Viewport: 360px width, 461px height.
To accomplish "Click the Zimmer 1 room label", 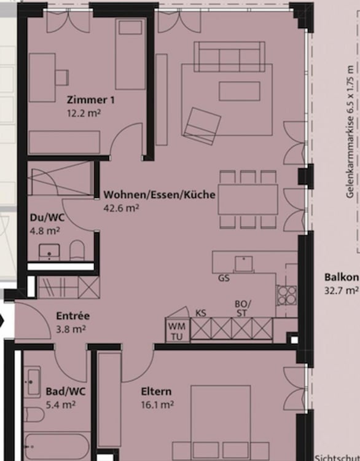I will pyautogui.click(x=90, y=100).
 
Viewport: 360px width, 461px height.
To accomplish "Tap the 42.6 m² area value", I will pyautogui.click(x=121, y=208).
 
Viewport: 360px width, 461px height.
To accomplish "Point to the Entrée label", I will pyautogui.click(x=72, y=316).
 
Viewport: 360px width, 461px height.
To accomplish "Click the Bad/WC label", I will pyautogui.click(x=60, y=392).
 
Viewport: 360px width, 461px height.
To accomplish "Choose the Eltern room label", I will pyautogui.click(x=156, y=392).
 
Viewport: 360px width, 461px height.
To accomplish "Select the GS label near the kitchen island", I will pyautogui.click(x=224, y=278).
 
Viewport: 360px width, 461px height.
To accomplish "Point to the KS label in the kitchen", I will pyautogui.click(x=200, y=313).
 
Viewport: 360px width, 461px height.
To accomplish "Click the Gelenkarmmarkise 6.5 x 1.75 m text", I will pyautogui.click(x=350, y=132).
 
